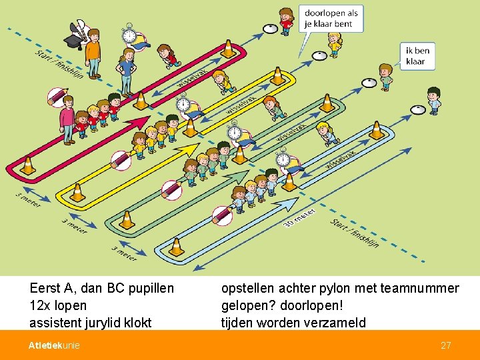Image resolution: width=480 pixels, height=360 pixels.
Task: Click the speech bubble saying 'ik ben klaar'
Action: pyautogui.click(x=417, y=55)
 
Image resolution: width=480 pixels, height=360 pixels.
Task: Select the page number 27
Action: pyautogui.click(x=446, y=345)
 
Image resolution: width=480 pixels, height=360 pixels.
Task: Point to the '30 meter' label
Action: pyautogui.click(x=298, y=217)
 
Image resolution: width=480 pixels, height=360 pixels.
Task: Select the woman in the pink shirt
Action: pyautogui.click(x=67, y=119)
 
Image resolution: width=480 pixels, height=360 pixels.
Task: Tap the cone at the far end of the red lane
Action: pyautogui.click(x=228, y=48)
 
